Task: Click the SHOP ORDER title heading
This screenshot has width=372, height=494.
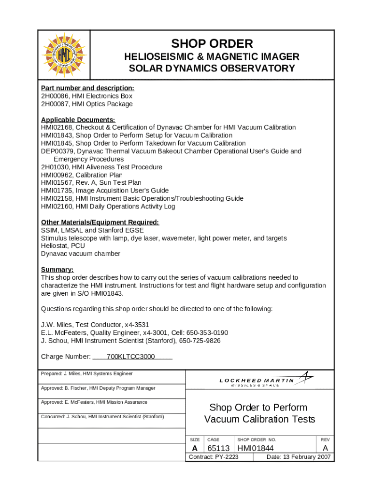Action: (212, 43)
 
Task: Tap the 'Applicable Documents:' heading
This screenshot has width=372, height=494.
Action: (78, 120)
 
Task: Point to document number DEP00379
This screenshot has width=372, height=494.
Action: (57, 151)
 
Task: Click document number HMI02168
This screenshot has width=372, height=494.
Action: (57, 127)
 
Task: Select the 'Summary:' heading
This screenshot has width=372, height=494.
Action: (57, 269)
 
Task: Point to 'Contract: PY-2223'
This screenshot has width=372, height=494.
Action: (213, 457)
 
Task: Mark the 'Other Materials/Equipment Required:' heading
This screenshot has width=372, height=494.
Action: (100, 222)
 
